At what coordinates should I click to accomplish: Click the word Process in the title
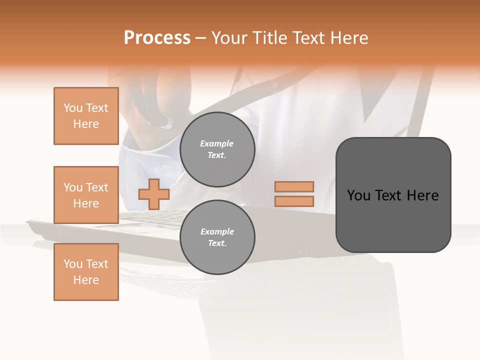click(157, 38)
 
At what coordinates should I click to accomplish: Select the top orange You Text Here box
click(86, 116)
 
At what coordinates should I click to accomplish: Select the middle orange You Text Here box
click(86, 195)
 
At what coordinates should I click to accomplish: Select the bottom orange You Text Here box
click(86, 272)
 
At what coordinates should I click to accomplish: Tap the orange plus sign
click(154, 194)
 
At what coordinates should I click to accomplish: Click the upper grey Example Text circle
click(217, 149)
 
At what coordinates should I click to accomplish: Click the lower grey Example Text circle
click(217, 237)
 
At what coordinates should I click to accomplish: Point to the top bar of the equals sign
click(294, 186)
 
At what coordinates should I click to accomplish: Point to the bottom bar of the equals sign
click(294, 201)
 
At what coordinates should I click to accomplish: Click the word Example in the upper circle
click(217, 143)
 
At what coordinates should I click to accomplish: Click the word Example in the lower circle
click(217, 231)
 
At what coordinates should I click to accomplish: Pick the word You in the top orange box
click(73, 108)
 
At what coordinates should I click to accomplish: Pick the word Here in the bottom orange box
click(86, 280)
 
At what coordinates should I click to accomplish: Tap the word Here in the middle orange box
click(86, 203)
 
